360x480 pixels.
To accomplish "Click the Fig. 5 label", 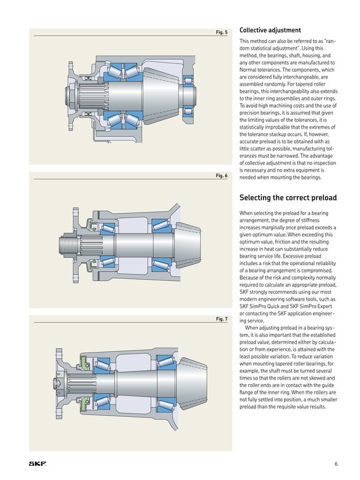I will coord(222,32).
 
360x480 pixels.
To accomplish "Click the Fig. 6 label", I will coord(222,176).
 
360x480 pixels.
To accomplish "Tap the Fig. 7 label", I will coord(222,319).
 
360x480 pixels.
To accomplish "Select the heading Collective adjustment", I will coord(270,30).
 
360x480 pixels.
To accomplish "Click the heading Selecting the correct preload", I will coord(288,198).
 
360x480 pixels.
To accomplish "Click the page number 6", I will coord(336,464).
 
